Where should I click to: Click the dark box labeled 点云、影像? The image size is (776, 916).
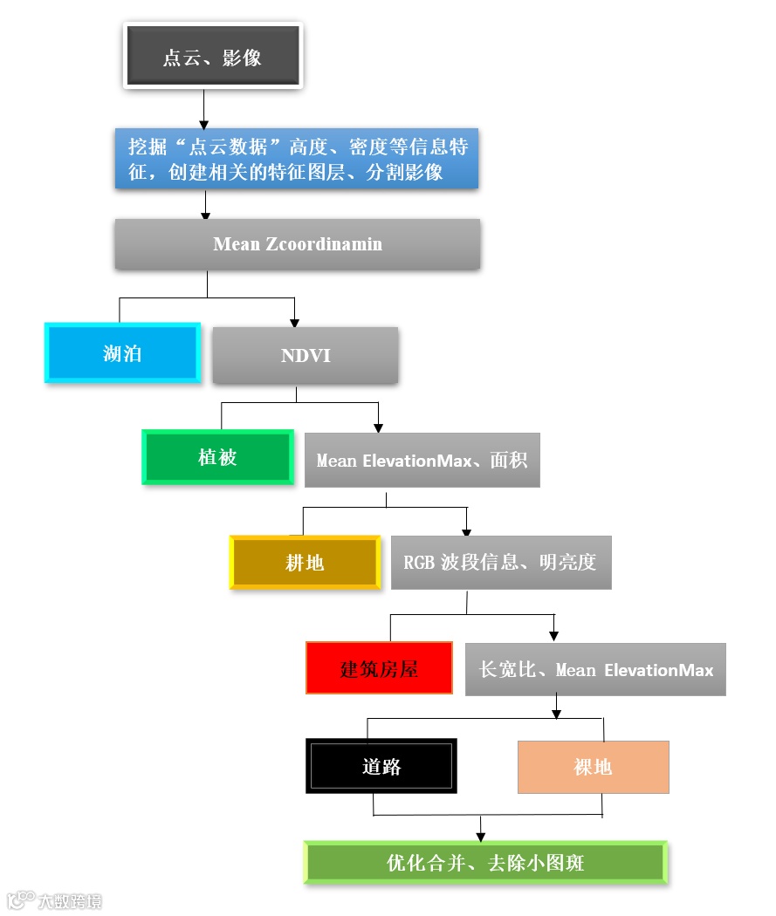tap(213, 57)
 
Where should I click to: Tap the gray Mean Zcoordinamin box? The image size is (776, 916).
tap(298, 244)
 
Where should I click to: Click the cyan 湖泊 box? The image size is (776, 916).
tap(122, 353)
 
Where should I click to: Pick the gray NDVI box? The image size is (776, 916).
tap(306, 356)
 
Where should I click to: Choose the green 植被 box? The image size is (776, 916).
tap(217, 457)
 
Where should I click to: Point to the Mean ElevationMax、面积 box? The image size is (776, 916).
tap(422, 460)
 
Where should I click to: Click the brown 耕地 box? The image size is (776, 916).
tap(305, 563)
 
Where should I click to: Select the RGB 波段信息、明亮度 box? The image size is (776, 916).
tap(500, 563)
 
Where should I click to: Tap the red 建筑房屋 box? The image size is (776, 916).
tap(379, 668)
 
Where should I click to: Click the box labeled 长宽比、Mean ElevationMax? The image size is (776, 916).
tap(595, 669)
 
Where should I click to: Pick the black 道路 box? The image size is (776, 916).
tap(381, 766)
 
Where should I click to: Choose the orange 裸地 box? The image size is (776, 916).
tap(593, 767)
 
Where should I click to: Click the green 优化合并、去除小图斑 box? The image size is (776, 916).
tap(485, 863)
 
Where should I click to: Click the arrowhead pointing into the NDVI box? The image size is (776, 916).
tap(295, 321)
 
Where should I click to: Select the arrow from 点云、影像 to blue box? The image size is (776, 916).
tap(203, 109)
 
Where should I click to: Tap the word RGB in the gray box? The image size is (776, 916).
tap(419, 563)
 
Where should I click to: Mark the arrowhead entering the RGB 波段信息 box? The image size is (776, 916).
tap(466, 530)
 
